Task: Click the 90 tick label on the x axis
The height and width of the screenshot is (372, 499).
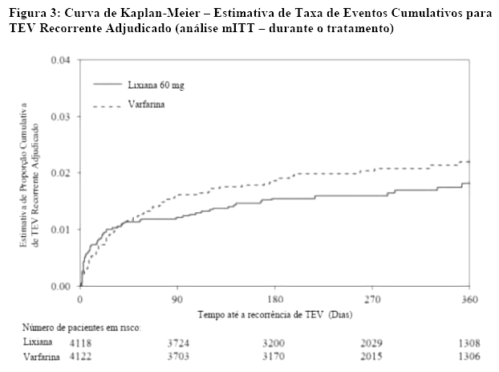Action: pos(177,298)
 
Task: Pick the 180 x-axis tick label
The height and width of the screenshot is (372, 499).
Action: pos(275,298)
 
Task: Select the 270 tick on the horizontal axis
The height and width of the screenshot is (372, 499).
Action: pos(372,298)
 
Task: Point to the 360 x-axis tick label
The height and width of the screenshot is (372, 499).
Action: pos(469,298)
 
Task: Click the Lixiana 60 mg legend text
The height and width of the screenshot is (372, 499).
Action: pos(160,84)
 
